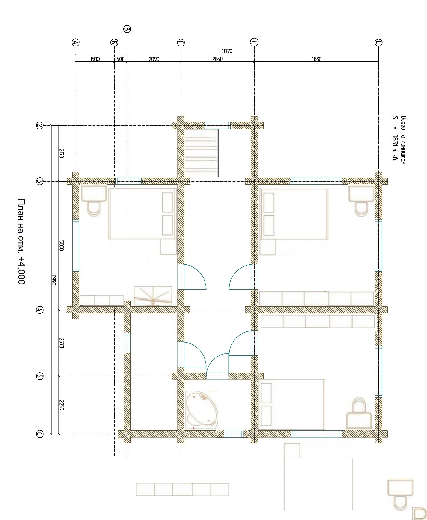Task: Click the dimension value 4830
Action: (x=316, y=59)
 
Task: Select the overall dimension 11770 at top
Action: (x=227, y=51)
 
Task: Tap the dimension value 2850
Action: (x=217, y=59)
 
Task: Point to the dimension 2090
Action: (x=154, y=59)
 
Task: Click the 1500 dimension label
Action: (x=95, y=59)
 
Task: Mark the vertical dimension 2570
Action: (x=61, y=343)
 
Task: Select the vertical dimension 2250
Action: (x=61, y=405)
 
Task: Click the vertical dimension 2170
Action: (x=61, y=153)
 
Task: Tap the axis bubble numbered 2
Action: (x=40, y=125)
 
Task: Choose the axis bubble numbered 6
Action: (x=40, y=434)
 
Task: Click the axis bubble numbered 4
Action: (x=40, y=310)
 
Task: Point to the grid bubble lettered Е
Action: (x=379, y=43)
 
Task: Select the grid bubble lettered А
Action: (x=76, y=43)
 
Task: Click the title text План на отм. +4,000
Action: (x=22, y=241)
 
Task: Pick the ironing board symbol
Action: (x=153, y=296)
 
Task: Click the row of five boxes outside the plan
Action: (x=182, y=489)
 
